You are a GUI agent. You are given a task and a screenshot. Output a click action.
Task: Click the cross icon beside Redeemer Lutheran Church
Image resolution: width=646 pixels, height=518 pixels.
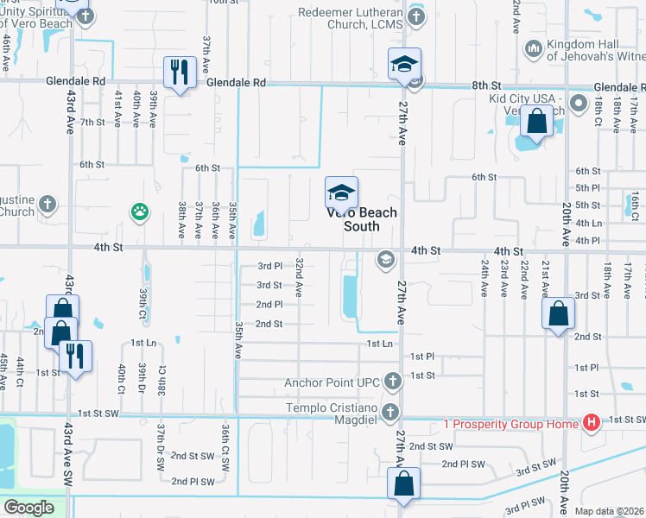[416, 17]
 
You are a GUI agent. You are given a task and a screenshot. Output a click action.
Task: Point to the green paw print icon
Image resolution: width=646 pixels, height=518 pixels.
[138, 211]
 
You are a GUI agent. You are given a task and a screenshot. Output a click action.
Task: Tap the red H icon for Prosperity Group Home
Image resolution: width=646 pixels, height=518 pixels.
[592, 422]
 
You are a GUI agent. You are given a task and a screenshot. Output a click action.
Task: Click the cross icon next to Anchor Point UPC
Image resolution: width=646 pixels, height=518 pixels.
[392, 382]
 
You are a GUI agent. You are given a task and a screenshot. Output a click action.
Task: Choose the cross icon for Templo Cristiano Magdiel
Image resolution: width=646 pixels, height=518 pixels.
[391, 412]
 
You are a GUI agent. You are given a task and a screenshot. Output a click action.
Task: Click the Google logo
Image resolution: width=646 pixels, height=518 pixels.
[28, 508]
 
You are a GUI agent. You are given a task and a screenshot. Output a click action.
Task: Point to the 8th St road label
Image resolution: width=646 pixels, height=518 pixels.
[486, 86]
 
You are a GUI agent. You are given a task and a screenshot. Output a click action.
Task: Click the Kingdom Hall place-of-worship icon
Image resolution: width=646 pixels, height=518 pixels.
[533, 48]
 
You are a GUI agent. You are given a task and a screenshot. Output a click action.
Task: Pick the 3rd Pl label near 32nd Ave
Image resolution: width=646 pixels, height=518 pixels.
[269, 266]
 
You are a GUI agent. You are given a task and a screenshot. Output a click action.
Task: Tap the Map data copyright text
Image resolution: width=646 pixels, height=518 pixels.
[610, 511]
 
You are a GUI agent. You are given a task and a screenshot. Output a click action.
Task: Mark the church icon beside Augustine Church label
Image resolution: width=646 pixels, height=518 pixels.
[47, 205]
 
